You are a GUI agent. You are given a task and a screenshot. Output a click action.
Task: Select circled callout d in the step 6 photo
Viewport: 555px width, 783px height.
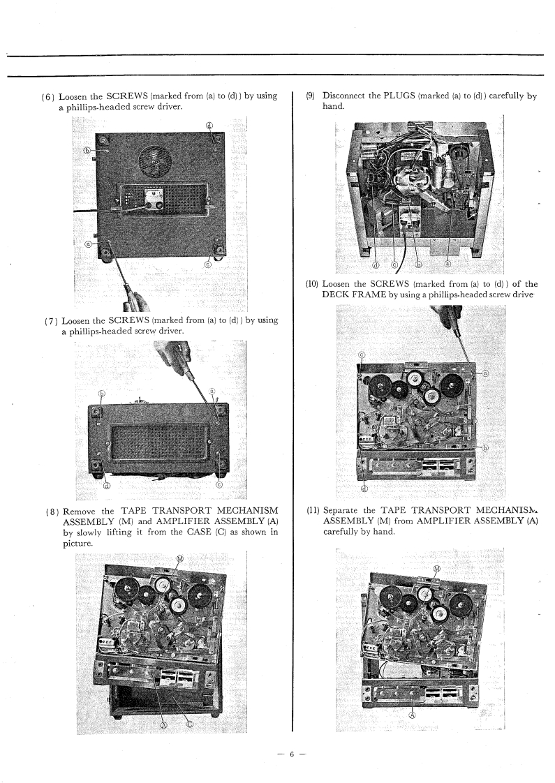pyautogui.click(x=209, y=126)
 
